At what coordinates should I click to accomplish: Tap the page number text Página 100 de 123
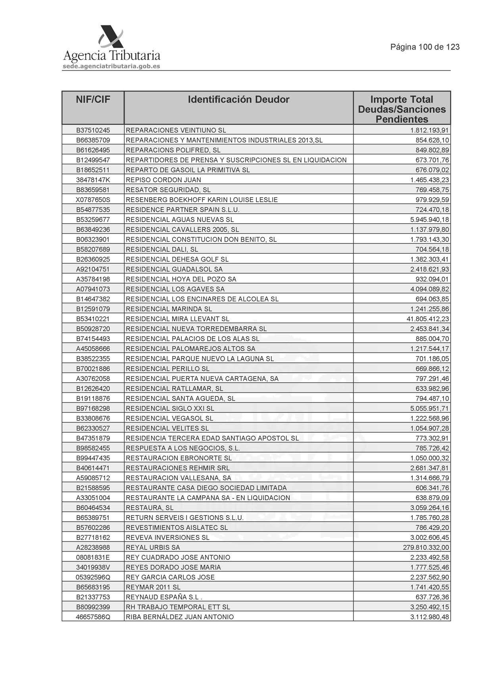click(425, 47)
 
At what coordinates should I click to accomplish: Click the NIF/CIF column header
click(93, 99)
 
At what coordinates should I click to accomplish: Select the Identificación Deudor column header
click(238, 99)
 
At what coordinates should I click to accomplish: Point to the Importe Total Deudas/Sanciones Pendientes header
click(402, 109)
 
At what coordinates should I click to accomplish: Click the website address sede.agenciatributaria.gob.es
click(111, 66)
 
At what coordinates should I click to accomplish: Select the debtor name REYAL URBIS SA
click(153, 547)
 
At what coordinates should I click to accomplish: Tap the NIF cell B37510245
click(93, 130)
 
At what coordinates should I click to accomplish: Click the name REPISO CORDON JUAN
click(163, 180)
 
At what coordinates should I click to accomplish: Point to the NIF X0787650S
click(93, 200)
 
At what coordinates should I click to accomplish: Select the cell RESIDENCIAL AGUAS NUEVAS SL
click(180, 220)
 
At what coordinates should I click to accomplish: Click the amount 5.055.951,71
click(430, 408)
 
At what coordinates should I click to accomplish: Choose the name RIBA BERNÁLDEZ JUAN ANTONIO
click(180, 617)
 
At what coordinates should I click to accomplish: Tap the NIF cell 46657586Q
click(93, 617)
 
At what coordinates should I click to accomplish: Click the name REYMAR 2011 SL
click(153, 587)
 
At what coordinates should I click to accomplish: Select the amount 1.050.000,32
click(430, 458)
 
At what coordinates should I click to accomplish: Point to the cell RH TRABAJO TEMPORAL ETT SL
click(178, 607)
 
